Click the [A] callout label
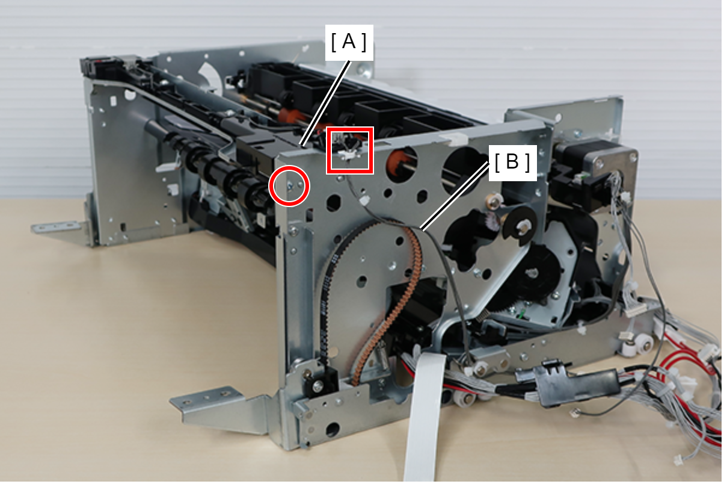pyautogui.click(x=349, y=42)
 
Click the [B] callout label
pyautogui.click(x=512, y=163)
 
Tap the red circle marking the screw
pyautogui.click(x=289, y=185)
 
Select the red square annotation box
pyautogui.click(x=350, y=150)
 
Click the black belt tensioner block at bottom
pyautogui.click(x=318, y=380)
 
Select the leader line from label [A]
pyautogui.click(x=325, y=103)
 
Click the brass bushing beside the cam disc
pyautogui.click(x=493, y=203)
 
